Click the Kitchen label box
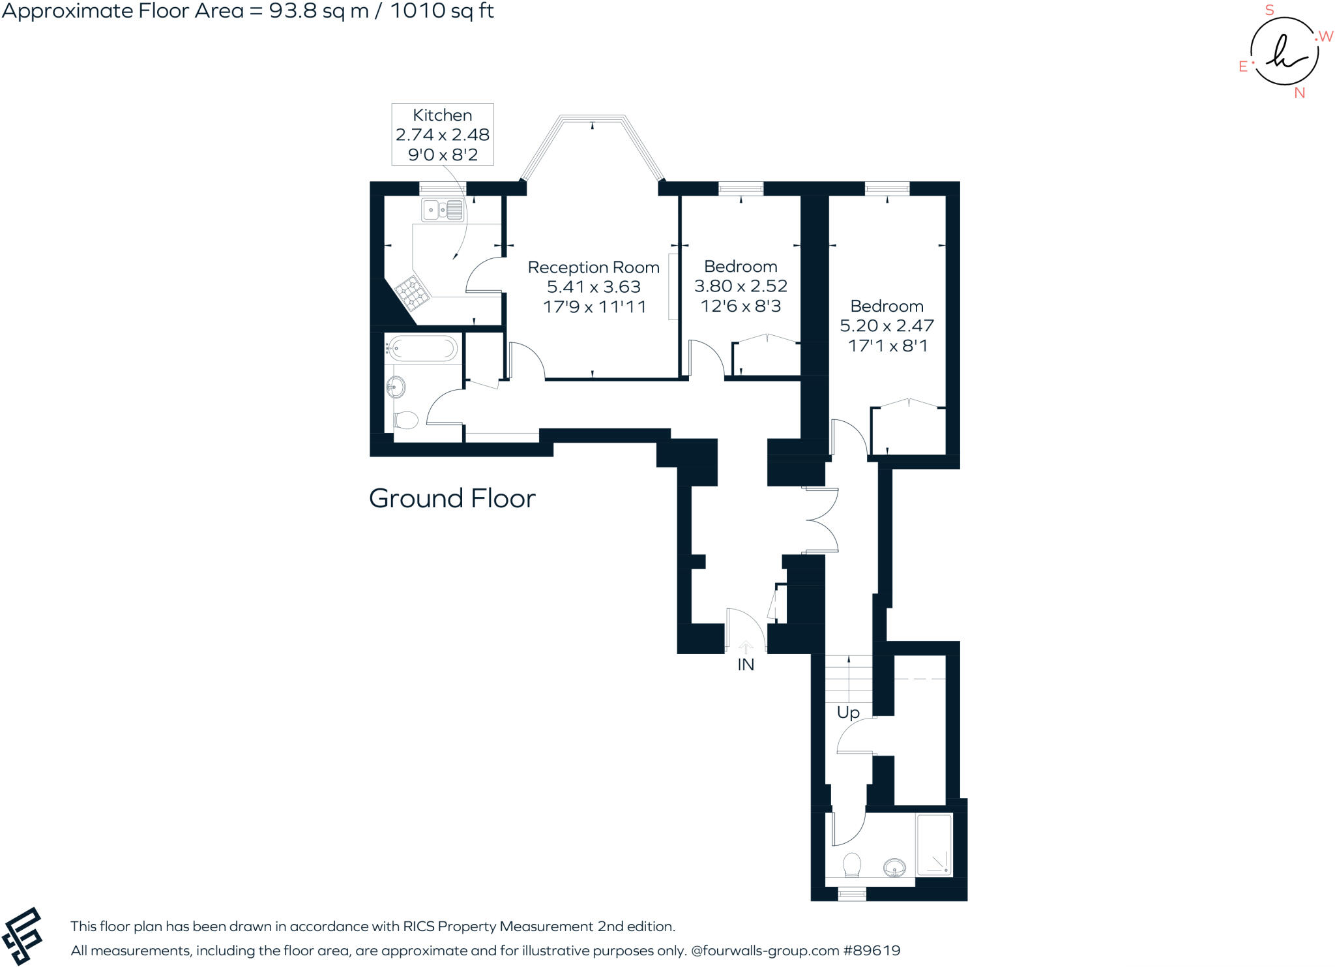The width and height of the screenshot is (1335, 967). [442, 134]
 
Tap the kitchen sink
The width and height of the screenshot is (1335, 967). [443, 210]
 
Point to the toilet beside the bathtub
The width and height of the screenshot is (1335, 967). [405, 420]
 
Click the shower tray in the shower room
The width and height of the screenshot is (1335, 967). [934, 844]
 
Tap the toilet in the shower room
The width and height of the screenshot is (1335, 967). [851, 865]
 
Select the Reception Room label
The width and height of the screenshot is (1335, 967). [593, 267]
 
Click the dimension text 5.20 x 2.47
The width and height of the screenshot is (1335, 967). [887, 325]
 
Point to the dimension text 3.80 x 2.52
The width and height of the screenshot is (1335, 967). [741, 286]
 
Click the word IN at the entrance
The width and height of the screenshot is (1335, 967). [746, 664]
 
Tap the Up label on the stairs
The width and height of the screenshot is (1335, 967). [848, 713]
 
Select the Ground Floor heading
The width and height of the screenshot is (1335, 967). [452, 499]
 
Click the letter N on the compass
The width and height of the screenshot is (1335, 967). [1299, 93]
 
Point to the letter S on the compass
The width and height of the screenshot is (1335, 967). [1269, 10]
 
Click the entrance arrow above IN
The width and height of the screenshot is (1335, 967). [746, 647]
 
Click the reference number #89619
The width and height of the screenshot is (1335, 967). [872, 951]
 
